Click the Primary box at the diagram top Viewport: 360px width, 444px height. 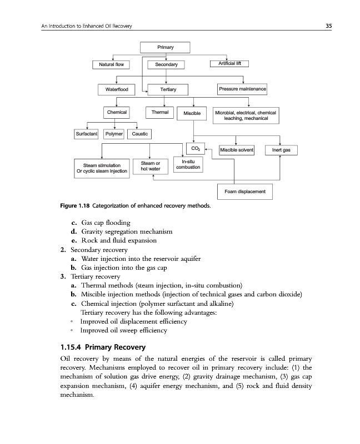(164, 47)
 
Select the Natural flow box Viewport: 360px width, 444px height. (113, 65)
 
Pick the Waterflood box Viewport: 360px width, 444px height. (113, 89)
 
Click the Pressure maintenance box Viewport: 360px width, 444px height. (243, 89)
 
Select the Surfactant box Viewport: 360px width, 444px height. (86, 134)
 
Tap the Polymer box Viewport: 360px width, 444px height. (114, 134)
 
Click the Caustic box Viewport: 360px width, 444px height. (139, 134)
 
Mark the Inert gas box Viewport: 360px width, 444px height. (281, 150)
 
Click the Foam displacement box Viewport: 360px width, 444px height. (244, 192)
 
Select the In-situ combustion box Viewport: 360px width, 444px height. (188, 164)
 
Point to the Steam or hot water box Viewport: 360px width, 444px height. (151, 166)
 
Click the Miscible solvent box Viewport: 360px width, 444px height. (237, 150)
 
